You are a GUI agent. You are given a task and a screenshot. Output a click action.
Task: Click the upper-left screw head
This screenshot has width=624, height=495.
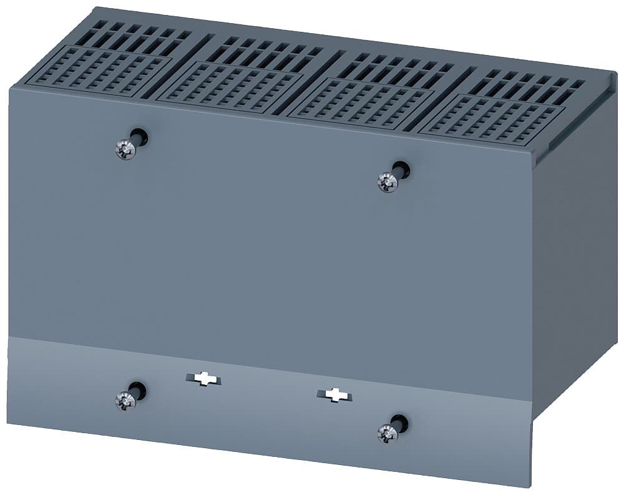click(x=126, y=149)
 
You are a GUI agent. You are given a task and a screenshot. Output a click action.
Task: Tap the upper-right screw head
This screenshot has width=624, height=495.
click(x=387, y=182)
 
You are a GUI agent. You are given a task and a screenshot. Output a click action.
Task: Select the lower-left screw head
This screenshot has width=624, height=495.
click(x=125, y=401)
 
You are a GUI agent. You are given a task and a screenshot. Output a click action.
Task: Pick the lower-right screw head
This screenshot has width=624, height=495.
click(x=388, y=432)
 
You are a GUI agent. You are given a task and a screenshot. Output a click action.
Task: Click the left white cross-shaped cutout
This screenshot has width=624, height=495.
click(x=203, y=379)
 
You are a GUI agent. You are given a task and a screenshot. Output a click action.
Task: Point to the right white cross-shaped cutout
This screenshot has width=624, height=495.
click(x=336, y=394)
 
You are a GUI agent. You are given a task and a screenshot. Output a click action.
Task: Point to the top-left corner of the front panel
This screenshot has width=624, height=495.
click(x=11, y=89)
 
